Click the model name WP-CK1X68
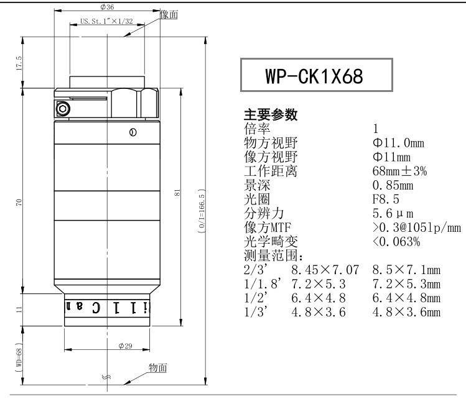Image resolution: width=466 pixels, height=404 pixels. coord(314,76)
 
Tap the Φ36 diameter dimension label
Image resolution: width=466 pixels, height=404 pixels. coord(107,7)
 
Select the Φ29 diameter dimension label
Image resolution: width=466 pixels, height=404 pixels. coord(125,346)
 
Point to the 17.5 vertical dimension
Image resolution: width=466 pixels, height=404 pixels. coord(19,63)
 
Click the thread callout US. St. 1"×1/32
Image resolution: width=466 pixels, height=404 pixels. coord(106,21)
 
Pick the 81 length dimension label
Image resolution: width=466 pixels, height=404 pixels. coord(177,192)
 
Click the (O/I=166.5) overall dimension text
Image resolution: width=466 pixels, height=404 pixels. coord(202,211)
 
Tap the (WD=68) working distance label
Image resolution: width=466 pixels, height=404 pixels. coord(19,357)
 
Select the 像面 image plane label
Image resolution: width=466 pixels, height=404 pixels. coord(169,14)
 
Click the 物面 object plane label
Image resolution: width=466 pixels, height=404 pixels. coord(158,367)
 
